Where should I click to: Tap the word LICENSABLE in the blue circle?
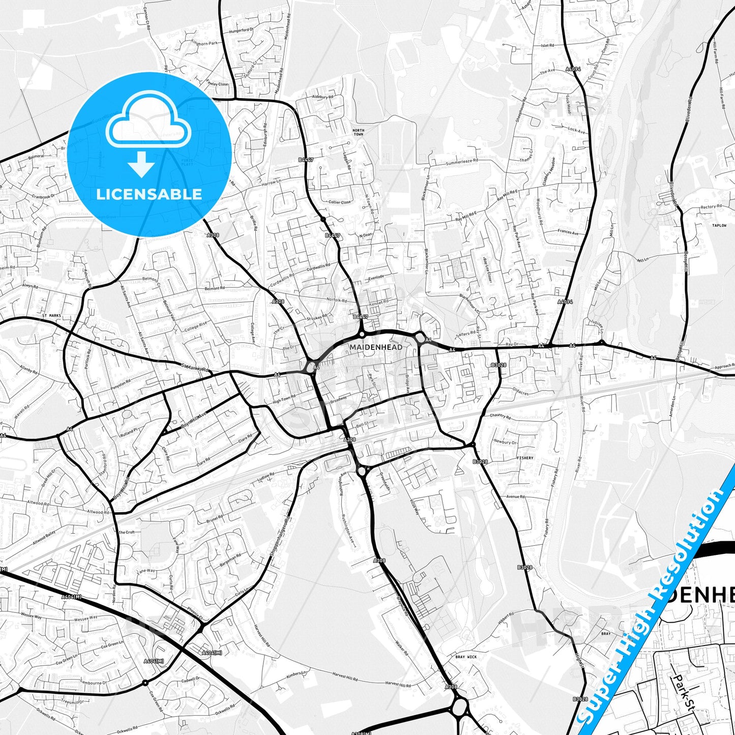(149, 194)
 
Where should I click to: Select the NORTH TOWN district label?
(359, 132)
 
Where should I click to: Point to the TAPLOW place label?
(719, 225)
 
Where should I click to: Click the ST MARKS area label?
(51, 315)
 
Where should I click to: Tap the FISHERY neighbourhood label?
(525, 458)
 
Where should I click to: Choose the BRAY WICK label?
(466, 657)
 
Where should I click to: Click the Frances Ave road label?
(568, 232)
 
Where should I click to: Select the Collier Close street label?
(339, 202)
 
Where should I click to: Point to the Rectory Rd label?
(711, 207)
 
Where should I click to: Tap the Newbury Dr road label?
(505, 442)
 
